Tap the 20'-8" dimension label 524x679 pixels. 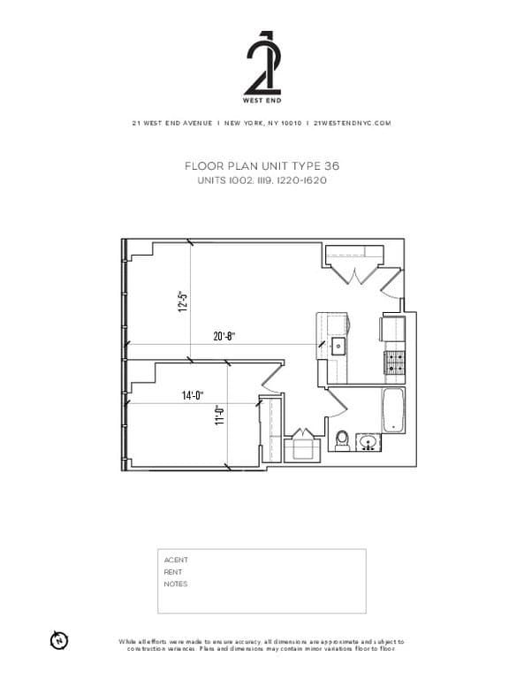pos(224,336)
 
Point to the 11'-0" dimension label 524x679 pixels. pos(220,415)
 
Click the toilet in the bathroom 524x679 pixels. pos(342,439)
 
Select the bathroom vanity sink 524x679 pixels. pos(368,441)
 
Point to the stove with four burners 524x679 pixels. pos(392,361)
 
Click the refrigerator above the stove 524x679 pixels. pos(392,328)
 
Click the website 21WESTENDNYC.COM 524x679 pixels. pos(352,124)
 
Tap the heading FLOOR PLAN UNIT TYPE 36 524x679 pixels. pos(262,166)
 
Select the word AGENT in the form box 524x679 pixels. pos(176,560)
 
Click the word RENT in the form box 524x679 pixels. pos(173,572)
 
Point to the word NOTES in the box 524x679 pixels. pos(175,584)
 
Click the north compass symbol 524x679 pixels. pos(59,638)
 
